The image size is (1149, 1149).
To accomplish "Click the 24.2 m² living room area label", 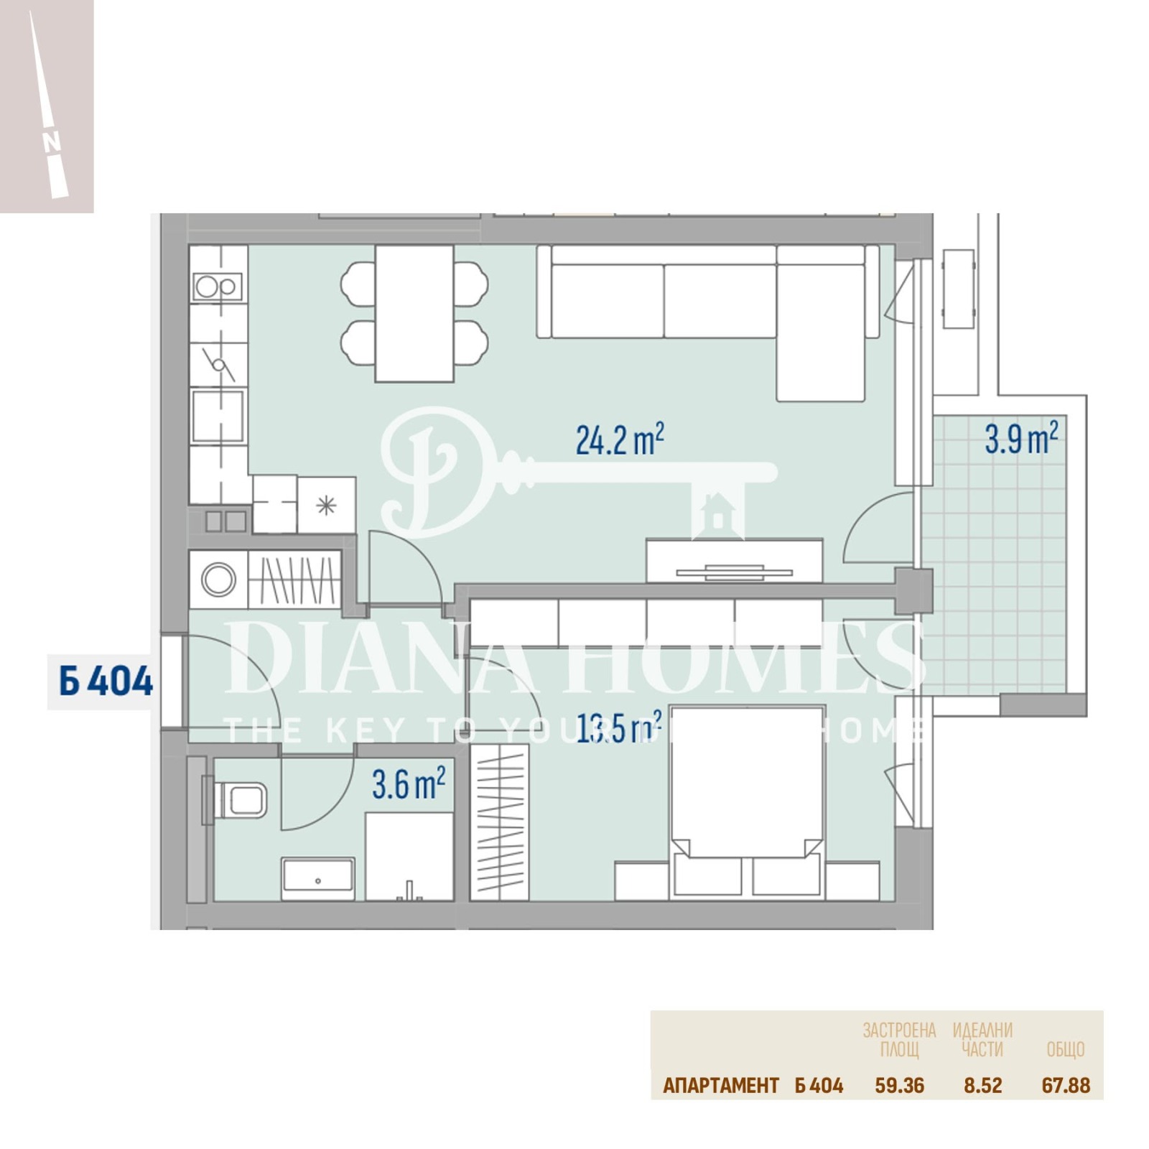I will [x=619, y=439].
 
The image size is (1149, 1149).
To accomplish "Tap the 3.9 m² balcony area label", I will [x=1020, y=438].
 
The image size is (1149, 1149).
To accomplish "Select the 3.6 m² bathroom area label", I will [x=408, y=783].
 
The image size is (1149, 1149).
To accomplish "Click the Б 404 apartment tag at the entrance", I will [x=105, y=681].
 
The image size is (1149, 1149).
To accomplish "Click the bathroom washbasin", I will [x=318, y=877].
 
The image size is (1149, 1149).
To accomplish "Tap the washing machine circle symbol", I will [x=218, y=579].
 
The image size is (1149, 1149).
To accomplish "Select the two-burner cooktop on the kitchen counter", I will [x=218, y=287].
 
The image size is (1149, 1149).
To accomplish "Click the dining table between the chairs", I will [x=414, y=313].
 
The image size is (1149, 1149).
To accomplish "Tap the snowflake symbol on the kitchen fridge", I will [x=326, y=506].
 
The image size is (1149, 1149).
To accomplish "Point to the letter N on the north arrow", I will [x=51, y=142].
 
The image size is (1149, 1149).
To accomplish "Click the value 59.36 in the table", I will [x=899, y=1085].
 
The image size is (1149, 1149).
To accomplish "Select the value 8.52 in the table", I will [x=982, y=1085].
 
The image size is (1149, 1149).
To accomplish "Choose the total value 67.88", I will [x=1065, y=1085].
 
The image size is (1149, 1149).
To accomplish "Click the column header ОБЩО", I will [x=1065, y=1049].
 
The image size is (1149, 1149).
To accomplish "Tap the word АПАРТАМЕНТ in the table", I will [x=720, y=1085].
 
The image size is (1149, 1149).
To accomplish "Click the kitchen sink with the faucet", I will [x=218, y=364].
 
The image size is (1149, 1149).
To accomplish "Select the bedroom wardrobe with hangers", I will [x=500, y=822].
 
